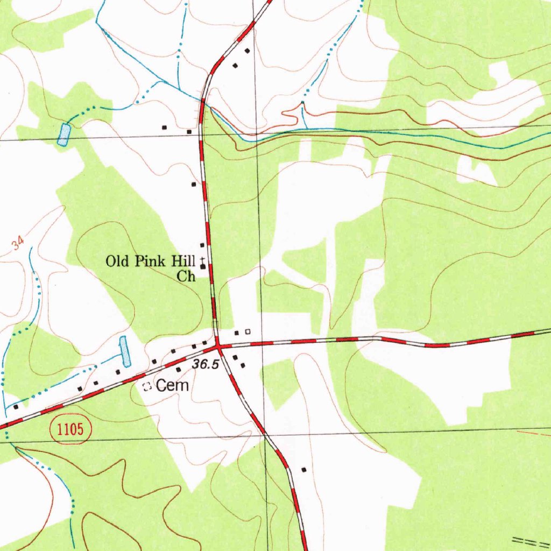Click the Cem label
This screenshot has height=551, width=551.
click(x=172, y=385)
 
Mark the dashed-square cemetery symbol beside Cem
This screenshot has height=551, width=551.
click(x=145, y=386)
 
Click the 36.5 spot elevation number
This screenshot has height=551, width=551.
click(x=206, y=365)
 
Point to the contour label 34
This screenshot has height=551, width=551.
click(x=18, y=245)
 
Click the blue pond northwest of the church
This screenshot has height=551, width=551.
click(x=64, y=135)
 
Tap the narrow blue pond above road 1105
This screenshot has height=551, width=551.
click(x=125, y=351)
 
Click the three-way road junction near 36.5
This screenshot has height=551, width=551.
click(x=218, y=343)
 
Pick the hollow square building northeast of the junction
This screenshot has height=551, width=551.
click(x=248, y=332)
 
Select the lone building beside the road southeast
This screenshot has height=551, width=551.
click(x=303, y=470)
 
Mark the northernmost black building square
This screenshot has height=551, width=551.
click(x=248, y=51)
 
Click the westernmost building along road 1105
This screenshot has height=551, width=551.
click(x=16, y=407)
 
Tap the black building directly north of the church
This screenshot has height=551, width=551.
click(x=202, y=245)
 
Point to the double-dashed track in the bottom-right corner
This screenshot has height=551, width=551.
click(x=530, y=540)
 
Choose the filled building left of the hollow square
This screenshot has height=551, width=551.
click(x=236, y=333)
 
